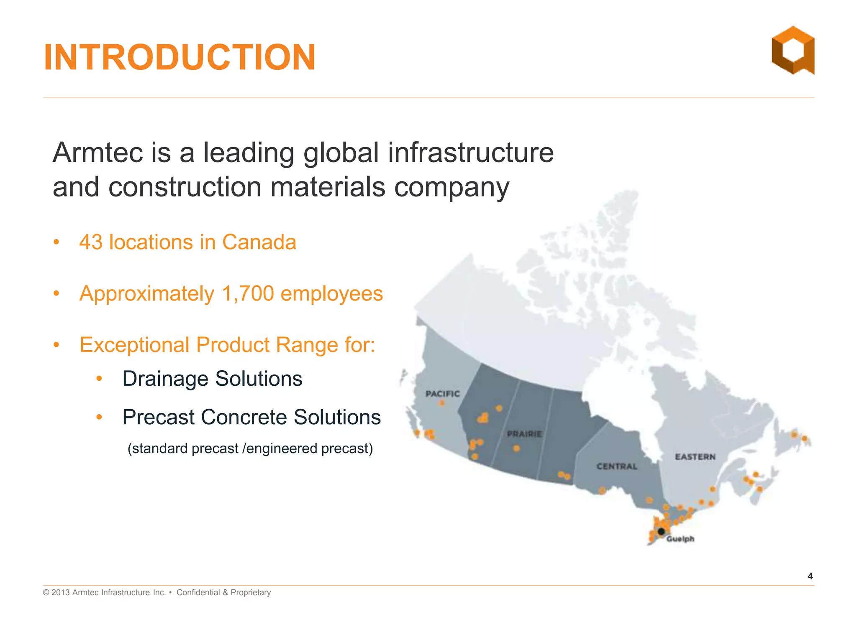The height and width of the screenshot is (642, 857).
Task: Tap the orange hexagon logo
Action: tap(793, 51)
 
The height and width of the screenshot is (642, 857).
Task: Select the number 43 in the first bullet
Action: tap(91, 242)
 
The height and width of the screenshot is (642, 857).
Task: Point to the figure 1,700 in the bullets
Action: tap(248, 293)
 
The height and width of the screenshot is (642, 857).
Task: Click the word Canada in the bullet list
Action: tap(259, 242)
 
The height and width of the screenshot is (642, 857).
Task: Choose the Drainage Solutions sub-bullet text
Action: tap(212, 379)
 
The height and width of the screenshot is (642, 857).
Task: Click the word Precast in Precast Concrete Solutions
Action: tap(158, 417)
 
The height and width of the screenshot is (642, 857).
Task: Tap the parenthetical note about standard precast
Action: tap(250, 448)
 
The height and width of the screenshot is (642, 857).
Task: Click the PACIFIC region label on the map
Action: tap(442, 394)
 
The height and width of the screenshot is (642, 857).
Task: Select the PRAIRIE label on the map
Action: tap(524, 434)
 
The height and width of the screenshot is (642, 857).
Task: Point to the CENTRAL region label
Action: tap(617, 466)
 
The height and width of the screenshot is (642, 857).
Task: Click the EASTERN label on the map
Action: tap(695, 457)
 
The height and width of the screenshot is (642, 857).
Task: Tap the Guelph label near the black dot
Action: tap(680, 539)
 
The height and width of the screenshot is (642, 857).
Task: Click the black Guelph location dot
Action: tap(661, 532)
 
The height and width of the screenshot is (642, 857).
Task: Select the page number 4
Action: tap(810, 576)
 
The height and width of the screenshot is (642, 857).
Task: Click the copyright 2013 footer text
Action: tap(104, 592)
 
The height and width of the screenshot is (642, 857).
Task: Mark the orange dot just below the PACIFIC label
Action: tap(442, 403)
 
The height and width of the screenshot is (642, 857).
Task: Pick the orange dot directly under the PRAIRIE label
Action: tap(516, 448)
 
